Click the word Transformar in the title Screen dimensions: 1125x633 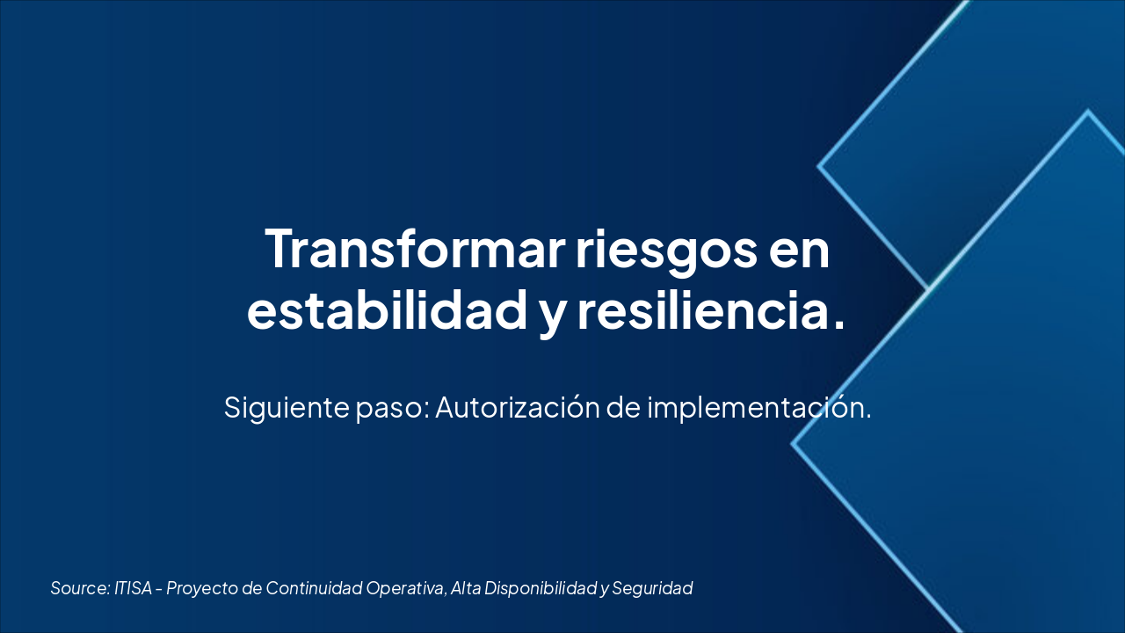click(415, 249)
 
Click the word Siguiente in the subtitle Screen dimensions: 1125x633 click(287, 407)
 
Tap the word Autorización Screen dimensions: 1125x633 click(518, 407)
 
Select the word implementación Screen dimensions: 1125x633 click(758, 407)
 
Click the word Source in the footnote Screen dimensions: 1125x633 click(80, 588)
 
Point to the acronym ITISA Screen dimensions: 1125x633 click(133, 588)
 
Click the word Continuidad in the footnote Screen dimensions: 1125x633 click(314, 588)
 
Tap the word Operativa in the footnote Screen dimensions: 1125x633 click(406, 589)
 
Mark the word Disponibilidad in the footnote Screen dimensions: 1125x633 click(541, 589)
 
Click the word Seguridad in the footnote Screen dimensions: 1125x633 click(652, 589)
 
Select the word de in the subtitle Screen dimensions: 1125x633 click(623, 407)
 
